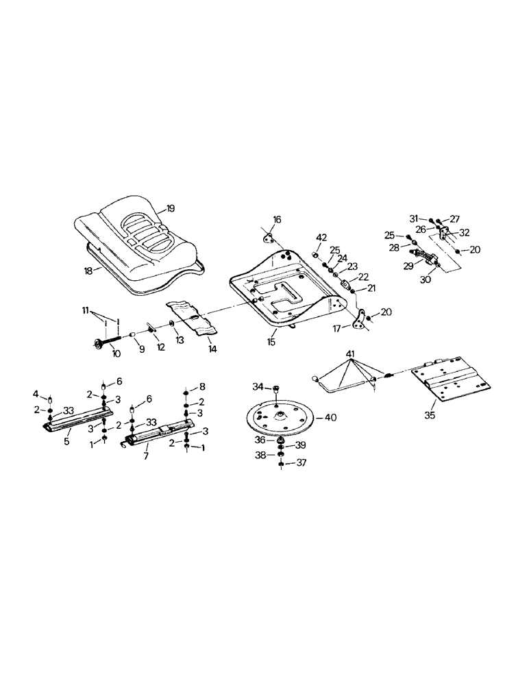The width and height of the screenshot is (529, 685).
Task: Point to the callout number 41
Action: [352, 353]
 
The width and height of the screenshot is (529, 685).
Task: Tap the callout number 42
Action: [321, 237]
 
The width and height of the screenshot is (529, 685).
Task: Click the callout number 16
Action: [277, 220]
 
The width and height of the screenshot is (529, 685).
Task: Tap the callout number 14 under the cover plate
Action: [212, 349]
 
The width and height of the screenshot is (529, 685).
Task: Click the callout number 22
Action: [363, 277]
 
